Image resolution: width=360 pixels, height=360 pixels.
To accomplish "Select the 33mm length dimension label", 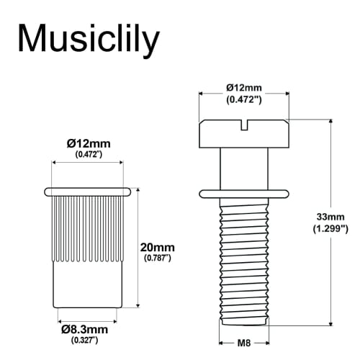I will (x=330, y=216).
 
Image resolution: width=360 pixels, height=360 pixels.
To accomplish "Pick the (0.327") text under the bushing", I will (x=86, y=338).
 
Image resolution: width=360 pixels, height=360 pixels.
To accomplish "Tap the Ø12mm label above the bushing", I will (x=86, y=143).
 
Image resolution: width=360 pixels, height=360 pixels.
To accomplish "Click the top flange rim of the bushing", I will (x=87, y=191).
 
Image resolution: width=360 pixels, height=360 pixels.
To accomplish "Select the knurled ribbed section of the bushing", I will (x=87, y=227).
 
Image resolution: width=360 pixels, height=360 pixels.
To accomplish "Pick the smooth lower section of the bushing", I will (x=87, y=284).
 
